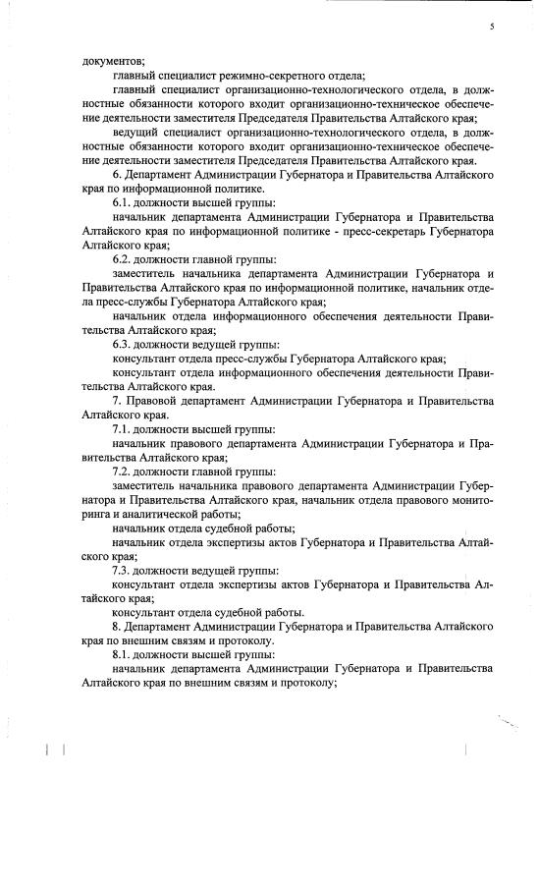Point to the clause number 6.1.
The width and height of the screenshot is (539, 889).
(124, 200)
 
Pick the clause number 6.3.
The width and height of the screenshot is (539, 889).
(124, 345)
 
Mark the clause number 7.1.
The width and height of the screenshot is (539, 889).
(124, 430)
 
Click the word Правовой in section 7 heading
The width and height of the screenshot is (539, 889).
(155, 402)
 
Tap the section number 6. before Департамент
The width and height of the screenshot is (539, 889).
(117, 175)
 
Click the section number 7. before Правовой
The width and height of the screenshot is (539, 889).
(117, 402)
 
